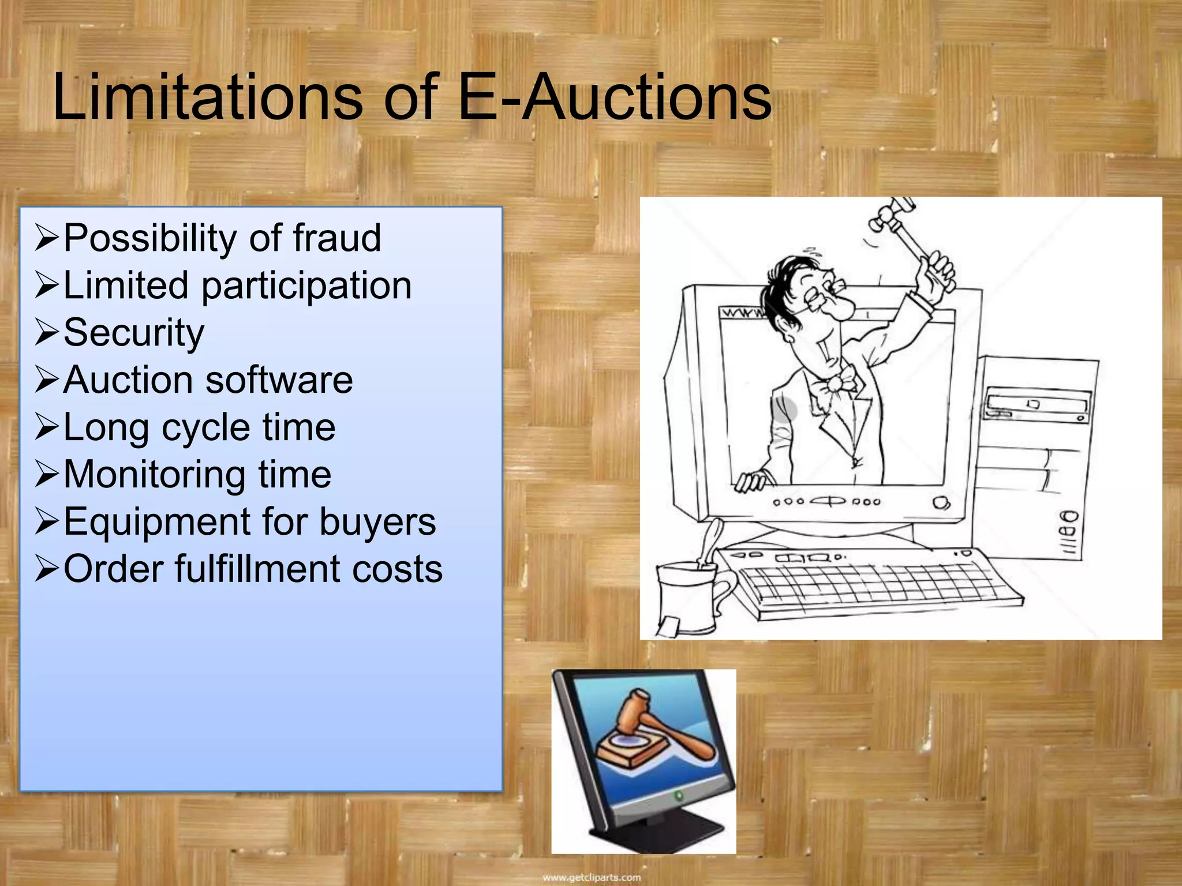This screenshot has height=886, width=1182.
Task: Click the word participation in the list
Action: coord(306,286)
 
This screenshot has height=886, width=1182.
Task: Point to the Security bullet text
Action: coord(134,333)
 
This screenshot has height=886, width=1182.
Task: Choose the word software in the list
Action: coord(279,380)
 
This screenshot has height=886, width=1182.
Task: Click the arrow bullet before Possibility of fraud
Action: coord(47,238)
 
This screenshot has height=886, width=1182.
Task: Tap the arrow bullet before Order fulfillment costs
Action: coord(47,569)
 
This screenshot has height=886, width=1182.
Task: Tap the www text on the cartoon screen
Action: coord(742,314)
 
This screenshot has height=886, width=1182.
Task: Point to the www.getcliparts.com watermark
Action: coord(592,877)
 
